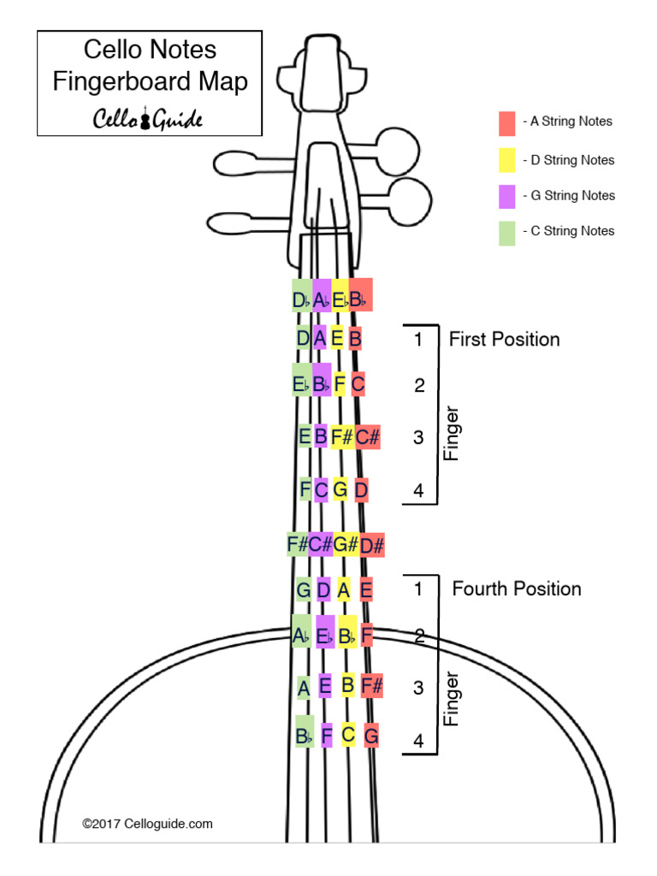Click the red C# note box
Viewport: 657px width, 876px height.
(367, 437)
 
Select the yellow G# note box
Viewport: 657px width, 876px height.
(345, 544)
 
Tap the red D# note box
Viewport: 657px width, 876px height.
(372, 544)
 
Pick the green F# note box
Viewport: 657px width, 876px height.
(298, 544)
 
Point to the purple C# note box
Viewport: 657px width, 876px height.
(320, 544)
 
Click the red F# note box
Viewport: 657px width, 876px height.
(371, 685)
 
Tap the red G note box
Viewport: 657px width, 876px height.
(371, 735)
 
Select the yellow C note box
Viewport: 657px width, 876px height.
(347, 734)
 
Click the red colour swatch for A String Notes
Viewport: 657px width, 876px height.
(507, 123)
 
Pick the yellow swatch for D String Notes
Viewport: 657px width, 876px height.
(507, 160)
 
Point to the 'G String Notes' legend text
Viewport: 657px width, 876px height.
(571, 196)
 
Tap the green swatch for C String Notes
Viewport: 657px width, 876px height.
(507, 233)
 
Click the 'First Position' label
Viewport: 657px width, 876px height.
(504, 340)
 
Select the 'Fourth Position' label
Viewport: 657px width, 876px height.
(516, 589)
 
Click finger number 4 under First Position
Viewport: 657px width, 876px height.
(418, 491)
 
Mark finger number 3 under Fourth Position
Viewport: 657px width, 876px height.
(418, 688)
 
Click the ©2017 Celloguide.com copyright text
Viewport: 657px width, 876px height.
(147, 824)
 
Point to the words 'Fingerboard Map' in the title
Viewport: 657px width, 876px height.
(150, 81)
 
